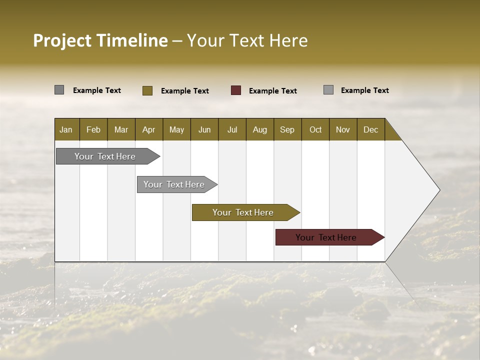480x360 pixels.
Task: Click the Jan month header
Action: [x=66, y=129]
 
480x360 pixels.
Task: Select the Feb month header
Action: [x=93, y=129]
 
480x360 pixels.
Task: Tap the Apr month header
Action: [x=148, y=129]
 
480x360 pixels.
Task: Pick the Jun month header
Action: [x=204, y=129]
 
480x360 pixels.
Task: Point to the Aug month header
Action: [x=259, y=129]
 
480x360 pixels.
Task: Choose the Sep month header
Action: [x=287, y=129]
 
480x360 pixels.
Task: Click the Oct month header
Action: [x=315, y=129]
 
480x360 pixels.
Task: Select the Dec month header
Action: [x=370, y=129]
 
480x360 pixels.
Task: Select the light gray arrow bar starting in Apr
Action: [x=174, y=184]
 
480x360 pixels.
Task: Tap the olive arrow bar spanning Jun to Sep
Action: [x=243, y=212]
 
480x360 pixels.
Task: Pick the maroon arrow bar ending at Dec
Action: [x=326, y=237]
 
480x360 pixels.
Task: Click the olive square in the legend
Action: [x=147, y=90]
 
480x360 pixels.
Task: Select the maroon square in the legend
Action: [x=236, y=90]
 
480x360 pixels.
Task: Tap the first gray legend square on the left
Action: [x=59, y=90]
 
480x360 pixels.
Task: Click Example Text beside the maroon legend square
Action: [x=273, y=91]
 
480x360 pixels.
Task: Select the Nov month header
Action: [x=343, y=129]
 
